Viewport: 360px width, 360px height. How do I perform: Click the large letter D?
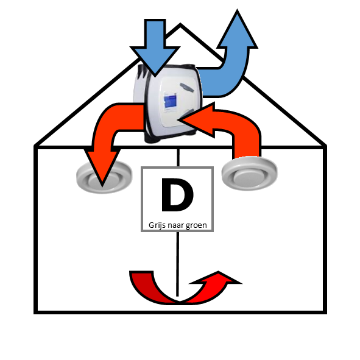[177, 195]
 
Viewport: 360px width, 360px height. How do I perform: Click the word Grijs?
[157, 225]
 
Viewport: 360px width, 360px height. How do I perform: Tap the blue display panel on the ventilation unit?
[170, 102]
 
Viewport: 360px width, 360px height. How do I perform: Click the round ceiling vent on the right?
[250, 174]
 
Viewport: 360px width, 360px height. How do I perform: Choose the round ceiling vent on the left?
[104, 177]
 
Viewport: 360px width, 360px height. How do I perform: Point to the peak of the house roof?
[180, 24]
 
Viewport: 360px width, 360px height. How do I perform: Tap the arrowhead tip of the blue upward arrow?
[237, 10]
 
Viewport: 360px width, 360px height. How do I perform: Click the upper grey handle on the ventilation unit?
[186, 87]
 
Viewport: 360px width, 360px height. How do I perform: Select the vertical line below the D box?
[177, 264]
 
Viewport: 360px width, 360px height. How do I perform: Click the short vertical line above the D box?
[178, 158]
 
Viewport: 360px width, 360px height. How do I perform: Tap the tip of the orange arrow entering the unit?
[178, 119]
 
